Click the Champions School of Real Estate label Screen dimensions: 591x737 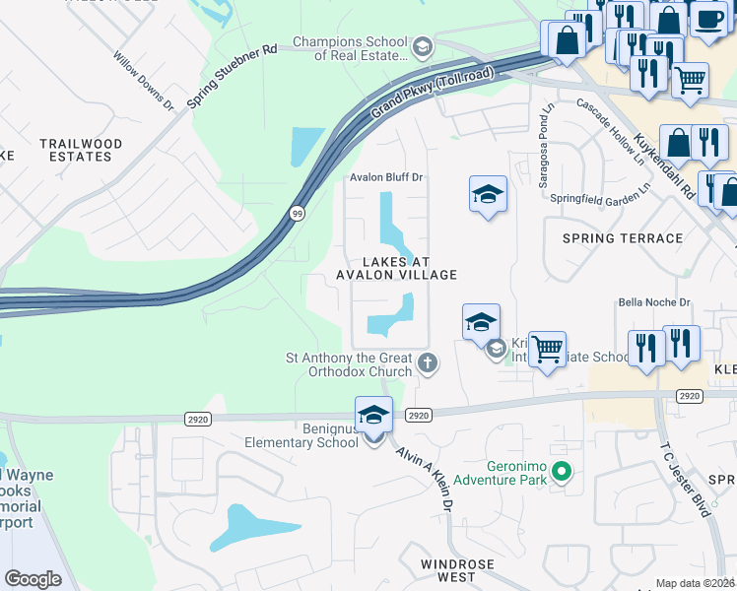click(x=351, y=49)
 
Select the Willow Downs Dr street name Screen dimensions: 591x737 click(x=144, y=83)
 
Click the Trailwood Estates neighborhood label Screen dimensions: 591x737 click(x=81, y=150)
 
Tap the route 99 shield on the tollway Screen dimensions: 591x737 click(x=296, y=212)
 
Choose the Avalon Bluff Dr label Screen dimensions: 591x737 click(x=386, y=177)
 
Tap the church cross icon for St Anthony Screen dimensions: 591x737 click(x=427, y=362)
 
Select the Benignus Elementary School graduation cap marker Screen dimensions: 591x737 click(x=373, y=419)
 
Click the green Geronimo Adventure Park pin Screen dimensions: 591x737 click(x=562, y=473)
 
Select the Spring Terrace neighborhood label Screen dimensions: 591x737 click(x=622, y=238)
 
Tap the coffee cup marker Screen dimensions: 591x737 click(x=707, y=19)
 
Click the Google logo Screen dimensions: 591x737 click(x=33, y=579)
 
